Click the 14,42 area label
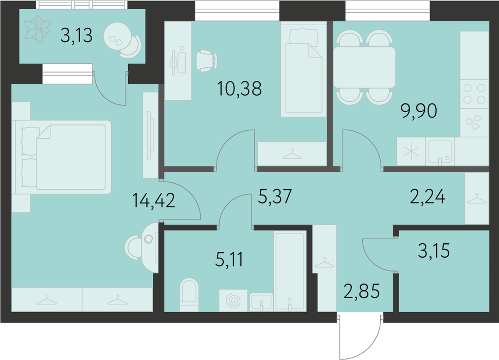click(153, 201)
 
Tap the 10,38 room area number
click(239, 88)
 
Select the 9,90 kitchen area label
click(419, 111)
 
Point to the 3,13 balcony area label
click(76, 35)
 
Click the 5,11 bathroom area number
click(229, 260)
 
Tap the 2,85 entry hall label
click(362, 291)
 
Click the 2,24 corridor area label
click(427, 196)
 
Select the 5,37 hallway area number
click(275, 196)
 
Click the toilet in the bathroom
click(189, 295)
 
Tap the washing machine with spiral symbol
click(233, 300)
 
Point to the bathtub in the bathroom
click(290, 271)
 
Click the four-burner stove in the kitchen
click(474, 94)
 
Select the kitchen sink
click(440, 151)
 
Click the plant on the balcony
click(38, 30)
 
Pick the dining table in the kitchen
click(364, 67)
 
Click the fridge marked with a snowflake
click(411, 151)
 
